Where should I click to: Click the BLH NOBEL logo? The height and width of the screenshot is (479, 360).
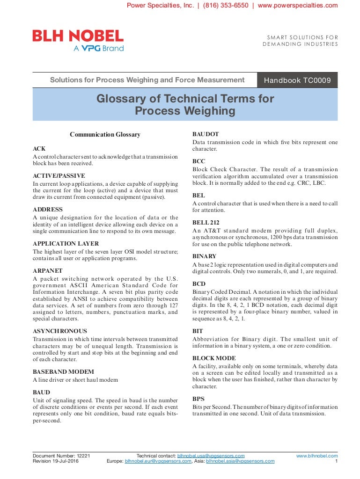pos(78,40)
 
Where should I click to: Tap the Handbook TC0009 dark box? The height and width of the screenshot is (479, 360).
pos(297,80)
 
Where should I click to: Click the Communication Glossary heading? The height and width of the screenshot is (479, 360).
pos(105,135)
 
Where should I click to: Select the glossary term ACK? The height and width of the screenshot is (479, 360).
pos(39,149)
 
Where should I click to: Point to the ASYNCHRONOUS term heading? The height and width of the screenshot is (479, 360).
pos(60,331)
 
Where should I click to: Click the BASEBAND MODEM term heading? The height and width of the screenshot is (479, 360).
pos(64,372)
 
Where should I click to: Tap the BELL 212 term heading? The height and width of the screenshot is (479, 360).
pos(206,223)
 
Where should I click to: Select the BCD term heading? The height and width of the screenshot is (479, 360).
pos(199,284)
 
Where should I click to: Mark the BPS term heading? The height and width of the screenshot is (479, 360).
pos(198,399)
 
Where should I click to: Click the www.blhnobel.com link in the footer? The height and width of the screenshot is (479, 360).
pos(317,456)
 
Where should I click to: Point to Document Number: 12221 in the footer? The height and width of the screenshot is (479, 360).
pos(61,456)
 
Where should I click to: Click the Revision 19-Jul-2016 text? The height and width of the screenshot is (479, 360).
pos(55,461)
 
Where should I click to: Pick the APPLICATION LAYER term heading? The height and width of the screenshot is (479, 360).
pos(66,244)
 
